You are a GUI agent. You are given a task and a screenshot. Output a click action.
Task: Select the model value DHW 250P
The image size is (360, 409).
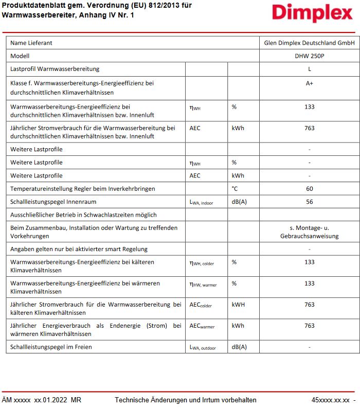tap(309, 56)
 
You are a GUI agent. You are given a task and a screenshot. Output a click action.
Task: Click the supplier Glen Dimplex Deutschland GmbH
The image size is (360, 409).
tap(309, 43)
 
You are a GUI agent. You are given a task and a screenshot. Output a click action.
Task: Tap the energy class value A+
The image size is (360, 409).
tap(309, 83)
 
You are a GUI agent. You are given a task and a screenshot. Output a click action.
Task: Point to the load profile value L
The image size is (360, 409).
tap(309, 68)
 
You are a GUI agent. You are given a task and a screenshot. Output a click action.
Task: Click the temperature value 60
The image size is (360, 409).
tap(309, 189)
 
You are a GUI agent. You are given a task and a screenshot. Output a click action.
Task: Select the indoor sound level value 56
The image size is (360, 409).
tap(309, 202)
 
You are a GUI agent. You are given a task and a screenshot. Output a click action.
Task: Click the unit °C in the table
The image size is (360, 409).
tap(235, 189)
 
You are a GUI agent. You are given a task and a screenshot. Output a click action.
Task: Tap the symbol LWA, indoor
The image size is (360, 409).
tap(201, 202)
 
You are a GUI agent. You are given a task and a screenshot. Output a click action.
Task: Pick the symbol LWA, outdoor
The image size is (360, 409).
tap(203, 347)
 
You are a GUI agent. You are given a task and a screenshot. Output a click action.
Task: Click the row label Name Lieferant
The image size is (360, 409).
tap(31, 43)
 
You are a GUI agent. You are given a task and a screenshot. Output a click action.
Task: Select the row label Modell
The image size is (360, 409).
tap(20, 56)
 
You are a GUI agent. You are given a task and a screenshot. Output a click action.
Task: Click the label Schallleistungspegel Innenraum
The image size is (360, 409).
tap(53, 202)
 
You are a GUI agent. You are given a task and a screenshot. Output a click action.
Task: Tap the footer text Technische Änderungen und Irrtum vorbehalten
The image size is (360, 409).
tap(185, 400)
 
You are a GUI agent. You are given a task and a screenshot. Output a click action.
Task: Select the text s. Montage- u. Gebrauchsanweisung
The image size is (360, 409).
tap(309, 232)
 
